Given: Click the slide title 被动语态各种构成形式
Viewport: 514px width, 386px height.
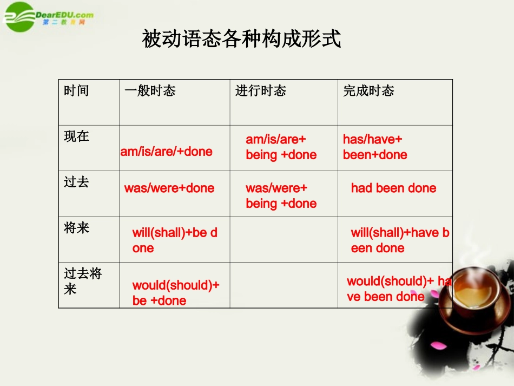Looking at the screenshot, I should click(x=241, y=39).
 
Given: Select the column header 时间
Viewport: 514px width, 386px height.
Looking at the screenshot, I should click(x=76, y=91).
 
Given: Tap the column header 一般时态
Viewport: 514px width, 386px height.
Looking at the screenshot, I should click(x=150, y=91).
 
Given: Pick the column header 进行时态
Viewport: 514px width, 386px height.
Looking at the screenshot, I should click(x=260, y=91).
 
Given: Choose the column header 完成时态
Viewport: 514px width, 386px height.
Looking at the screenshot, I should click(x=368, y=91).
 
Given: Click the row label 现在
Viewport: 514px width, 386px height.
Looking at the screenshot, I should click(x=76, y=136).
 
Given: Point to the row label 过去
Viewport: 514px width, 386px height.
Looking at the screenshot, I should click(x=76, y=182).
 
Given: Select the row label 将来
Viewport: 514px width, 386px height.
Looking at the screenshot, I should click(x=76, y=228).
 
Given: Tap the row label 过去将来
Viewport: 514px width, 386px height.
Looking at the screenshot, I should click(x=83, y=281).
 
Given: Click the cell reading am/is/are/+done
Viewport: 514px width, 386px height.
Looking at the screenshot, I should click(x=166, y=152).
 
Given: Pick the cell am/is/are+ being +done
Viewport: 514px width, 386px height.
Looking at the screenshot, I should click(x=281, y=147).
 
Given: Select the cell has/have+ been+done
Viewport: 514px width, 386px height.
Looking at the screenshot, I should click(x=375, y=147).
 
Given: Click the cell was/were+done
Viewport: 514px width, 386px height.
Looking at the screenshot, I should click(x=169, y=188).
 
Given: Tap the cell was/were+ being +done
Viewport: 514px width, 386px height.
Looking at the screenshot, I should click(x=281, y=196).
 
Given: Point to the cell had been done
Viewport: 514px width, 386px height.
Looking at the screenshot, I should click(x=393, y=188).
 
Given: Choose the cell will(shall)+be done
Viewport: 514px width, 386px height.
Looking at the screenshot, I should click(x=174, y=240).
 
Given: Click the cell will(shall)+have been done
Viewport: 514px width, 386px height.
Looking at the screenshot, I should click(x=399, y=240).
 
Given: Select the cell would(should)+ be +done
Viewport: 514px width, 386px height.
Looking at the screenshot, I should click(x=175, y=293).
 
